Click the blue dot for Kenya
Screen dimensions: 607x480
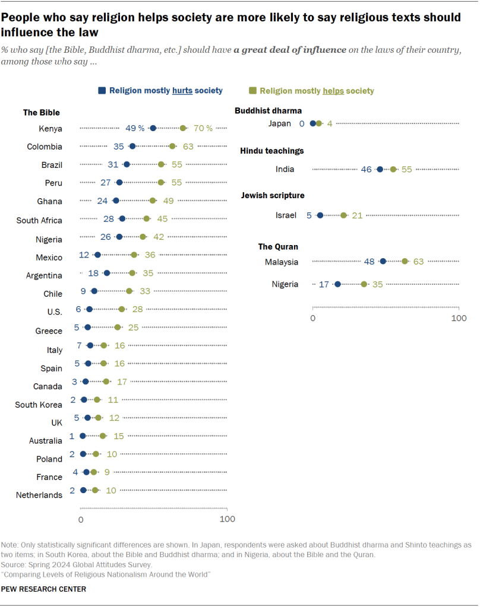tap(153, 128)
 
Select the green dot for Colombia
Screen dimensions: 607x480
tap(172, 146)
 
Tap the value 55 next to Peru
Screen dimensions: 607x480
tap(176, 183)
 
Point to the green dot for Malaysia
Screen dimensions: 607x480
tap(405, 261)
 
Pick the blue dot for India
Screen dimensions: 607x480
tap(380, 169)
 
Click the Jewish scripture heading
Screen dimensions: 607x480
tap(272, 195)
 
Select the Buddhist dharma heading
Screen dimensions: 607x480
tap(268, 110)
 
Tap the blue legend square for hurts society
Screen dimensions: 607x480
tap(102, 90)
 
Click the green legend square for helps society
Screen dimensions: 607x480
tap(252, 91)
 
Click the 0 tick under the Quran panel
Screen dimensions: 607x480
tap(313, 318)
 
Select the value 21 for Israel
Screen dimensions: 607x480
tap(357, 215)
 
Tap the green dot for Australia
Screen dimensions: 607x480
tap(103, 436)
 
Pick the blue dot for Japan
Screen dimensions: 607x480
tap(313, 123)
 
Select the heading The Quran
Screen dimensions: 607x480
tap(278, 246)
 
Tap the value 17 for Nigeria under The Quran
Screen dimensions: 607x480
tap(324, 284)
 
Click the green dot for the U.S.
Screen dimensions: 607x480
tap(122, 309)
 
